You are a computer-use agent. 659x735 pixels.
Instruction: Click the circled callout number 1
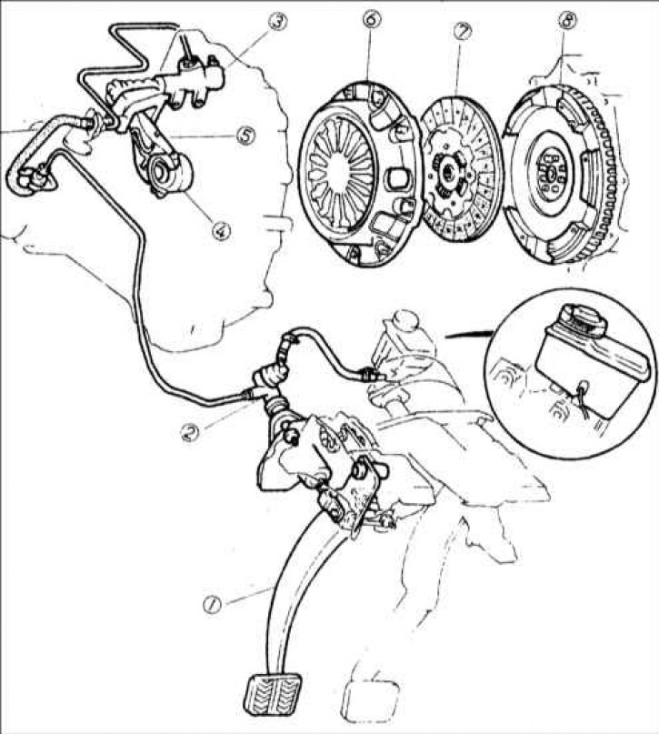point(211,604)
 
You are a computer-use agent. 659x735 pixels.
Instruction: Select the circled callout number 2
point(190,432)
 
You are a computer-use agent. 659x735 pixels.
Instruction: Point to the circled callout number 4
point(221,230)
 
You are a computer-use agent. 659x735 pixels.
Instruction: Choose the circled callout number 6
point(373,19)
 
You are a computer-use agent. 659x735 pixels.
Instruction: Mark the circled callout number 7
point(463,31)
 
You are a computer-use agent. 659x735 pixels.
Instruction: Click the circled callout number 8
point(568,19)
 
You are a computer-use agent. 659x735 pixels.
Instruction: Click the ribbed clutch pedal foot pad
point(273,692)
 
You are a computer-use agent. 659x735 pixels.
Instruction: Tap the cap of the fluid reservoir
point(584,322)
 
